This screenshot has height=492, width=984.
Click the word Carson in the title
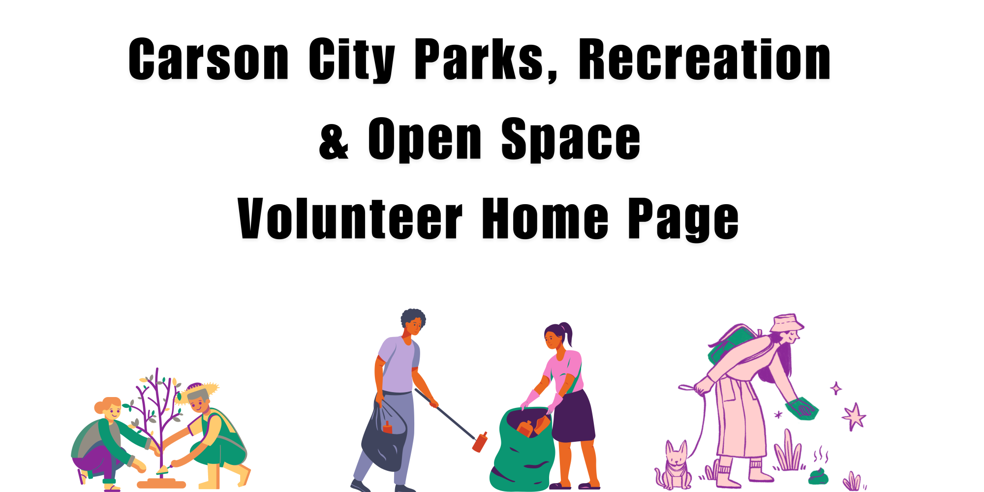coord(209,59)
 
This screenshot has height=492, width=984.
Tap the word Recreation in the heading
coord(705,59)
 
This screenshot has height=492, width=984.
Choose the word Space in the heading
coord(571,140)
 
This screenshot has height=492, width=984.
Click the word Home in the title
coord(545,218)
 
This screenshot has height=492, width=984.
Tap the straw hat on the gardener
coord(199,391)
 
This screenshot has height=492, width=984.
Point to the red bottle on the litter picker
coord(480,442)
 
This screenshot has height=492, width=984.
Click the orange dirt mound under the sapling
coord(161,484)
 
